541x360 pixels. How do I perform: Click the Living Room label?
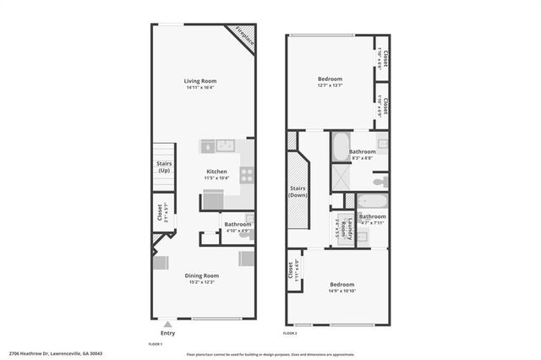point(202,81)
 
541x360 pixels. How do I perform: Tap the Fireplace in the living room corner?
point(243,37)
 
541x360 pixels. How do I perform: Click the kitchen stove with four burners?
point(247,175)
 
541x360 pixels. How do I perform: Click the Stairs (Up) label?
point(163,167)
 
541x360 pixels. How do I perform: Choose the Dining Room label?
point(202,275)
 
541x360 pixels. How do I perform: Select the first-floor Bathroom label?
point(237,224)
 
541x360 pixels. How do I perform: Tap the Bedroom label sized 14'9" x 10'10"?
point(342,284)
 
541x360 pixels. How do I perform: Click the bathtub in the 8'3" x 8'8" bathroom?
point(341,147)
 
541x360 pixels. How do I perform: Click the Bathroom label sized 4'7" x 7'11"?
point(372,216)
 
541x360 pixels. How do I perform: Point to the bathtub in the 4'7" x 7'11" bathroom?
point(372,201)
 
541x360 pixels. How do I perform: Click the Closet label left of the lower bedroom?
point(290,270)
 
